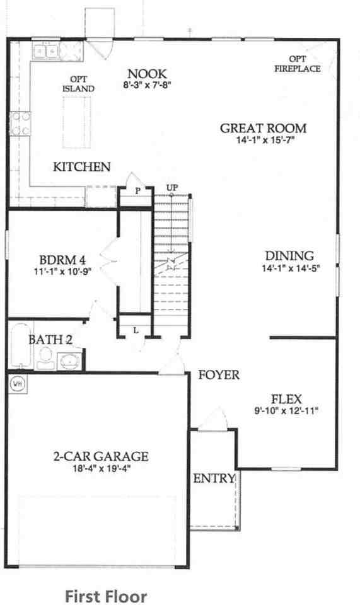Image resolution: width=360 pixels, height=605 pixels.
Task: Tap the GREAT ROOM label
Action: click(263, 129)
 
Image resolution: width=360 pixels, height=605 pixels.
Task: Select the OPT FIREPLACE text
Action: click(297, 64)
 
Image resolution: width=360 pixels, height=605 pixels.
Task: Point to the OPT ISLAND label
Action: click(78, 84)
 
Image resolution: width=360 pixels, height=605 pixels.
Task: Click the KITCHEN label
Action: click(82, 167)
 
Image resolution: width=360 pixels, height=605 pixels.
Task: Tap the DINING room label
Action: click(289, 256)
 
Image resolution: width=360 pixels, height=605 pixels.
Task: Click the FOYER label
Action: click(219, 375)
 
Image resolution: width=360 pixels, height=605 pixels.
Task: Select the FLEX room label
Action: click(286, 399)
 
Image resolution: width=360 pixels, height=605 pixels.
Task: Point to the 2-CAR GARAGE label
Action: click(101, 456)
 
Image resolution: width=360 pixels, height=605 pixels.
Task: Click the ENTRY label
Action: click(214, 478)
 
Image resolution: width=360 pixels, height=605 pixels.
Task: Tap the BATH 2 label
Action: click(50, 340)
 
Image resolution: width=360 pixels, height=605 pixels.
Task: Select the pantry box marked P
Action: click(137, 191)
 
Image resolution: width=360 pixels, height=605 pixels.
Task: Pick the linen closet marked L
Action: click(136, 329)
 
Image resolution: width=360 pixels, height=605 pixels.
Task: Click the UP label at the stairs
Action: click(171, 188)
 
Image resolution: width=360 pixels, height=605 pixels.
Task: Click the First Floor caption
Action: click(106, 596)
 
